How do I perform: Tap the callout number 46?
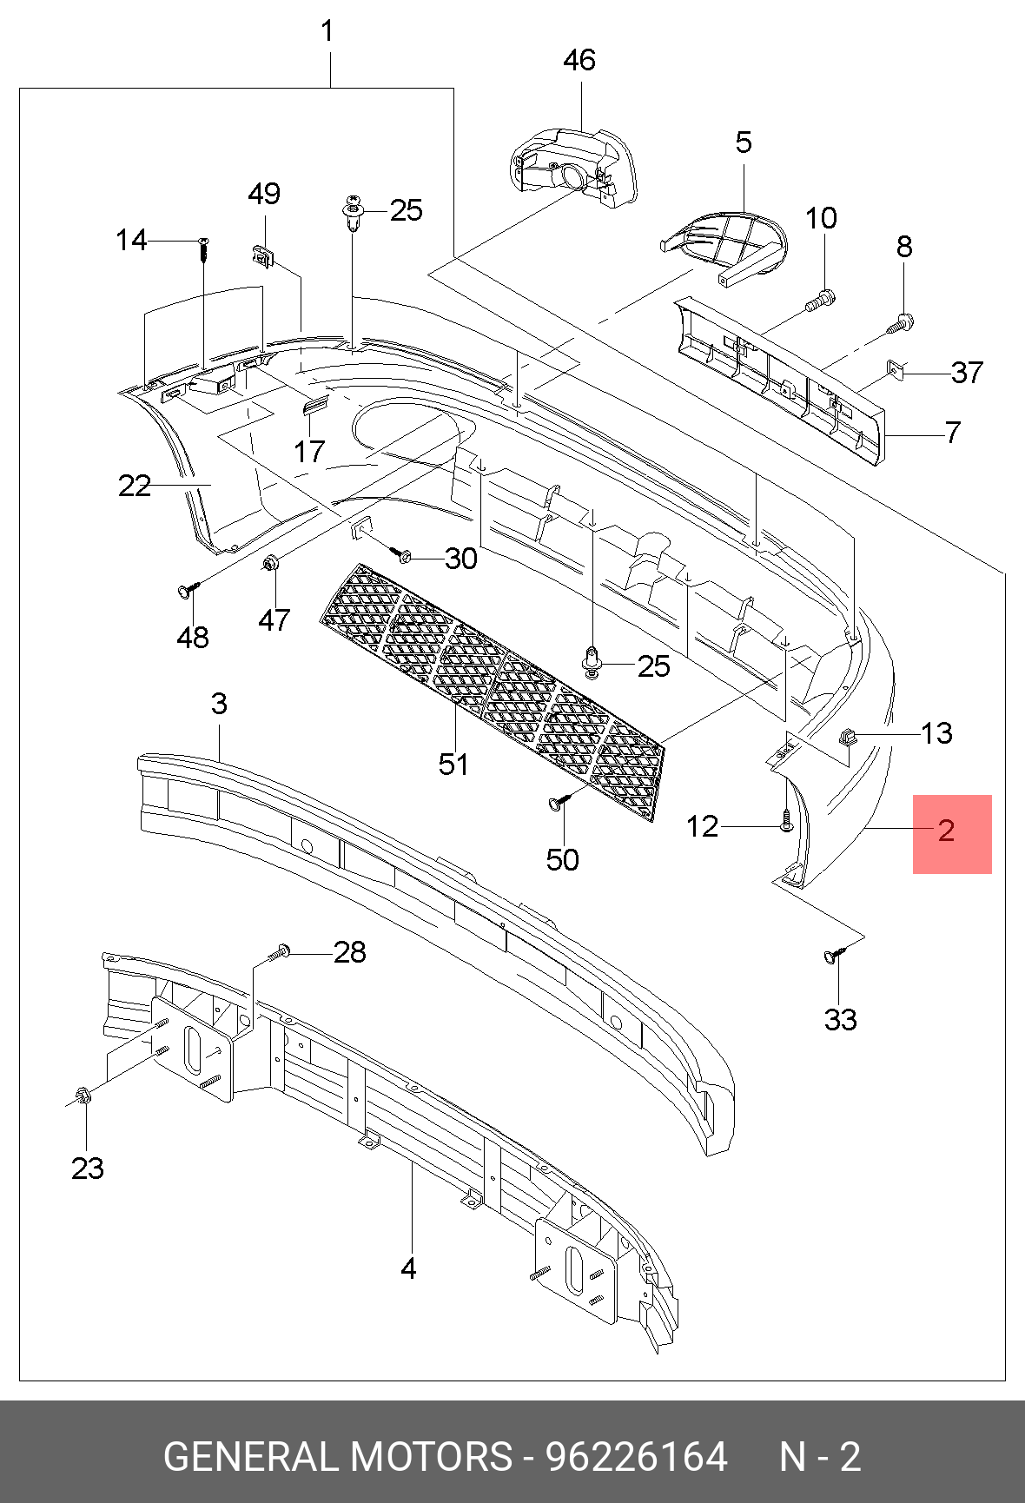579,60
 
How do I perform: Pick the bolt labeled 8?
901,324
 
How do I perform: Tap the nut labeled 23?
83,1096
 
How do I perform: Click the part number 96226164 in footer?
637,1457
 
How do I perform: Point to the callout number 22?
135,486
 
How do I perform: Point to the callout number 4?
408,1269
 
